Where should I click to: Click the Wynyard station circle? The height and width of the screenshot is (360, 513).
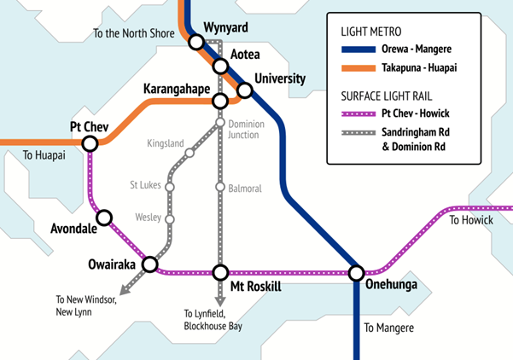coord(197,41)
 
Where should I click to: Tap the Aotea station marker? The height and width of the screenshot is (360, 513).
coord(221,66)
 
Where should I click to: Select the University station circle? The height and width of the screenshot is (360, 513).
coord(245,90)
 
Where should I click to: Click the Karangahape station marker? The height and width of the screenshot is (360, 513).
coord(220,101)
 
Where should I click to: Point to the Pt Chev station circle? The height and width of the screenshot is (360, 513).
coord(90,143)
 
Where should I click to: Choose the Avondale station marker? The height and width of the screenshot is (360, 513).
coord(104,218)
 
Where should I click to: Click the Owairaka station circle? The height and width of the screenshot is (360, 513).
coord(149,264)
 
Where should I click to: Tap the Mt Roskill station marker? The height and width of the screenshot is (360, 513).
coord(220,273)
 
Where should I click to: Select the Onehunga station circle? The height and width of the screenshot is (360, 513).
coord(356,273)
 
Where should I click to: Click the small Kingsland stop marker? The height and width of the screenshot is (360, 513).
coord(189,154)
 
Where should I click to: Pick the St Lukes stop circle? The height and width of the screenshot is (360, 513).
coord(170,186)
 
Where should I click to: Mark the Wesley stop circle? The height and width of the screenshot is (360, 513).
coord(170,219)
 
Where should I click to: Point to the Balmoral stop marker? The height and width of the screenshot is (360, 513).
coord(220,188)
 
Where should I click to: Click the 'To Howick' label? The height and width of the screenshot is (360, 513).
coord(471,221)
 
